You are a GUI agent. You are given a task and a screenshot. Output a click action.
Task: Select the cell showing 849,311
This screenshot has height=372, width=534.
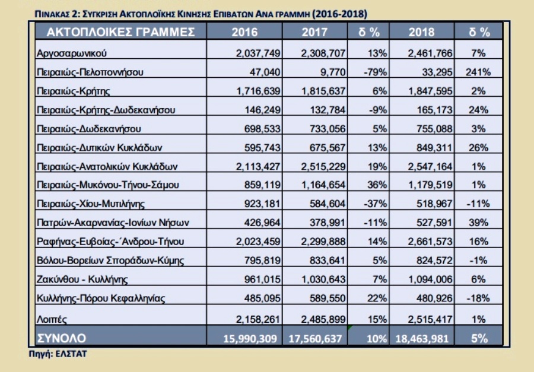pyautogui.click(x=431, y=147)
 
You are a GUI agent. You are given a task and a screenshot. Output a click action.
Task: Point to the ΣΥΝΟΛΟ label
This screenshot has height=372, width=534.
pyautogui.click(x=62, y=338)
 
